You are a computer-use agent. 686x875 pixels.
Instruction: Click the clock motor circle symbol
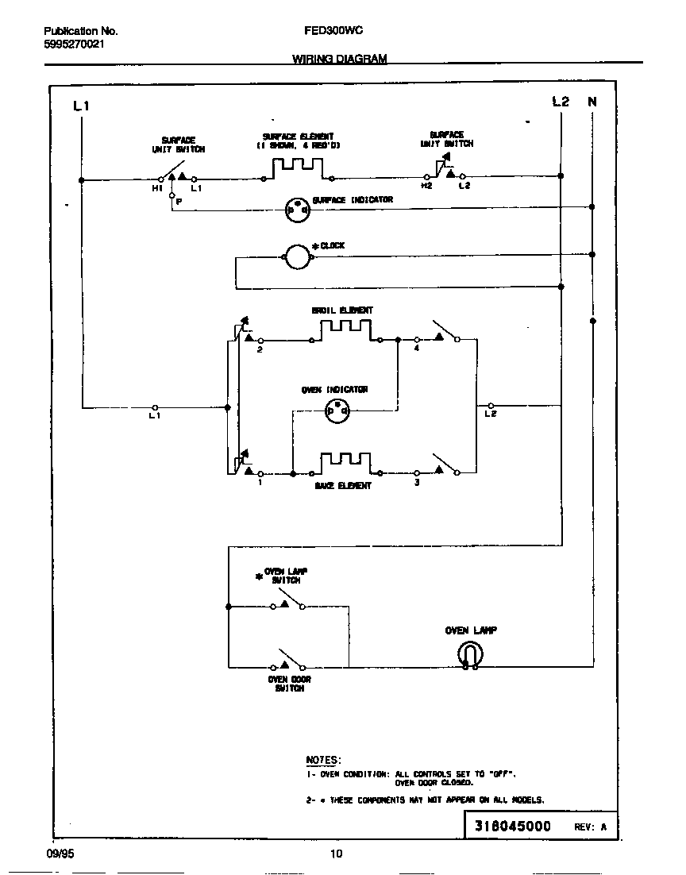click(297, 256)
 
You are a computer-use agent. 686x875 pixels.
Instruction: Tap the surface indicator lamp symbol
click(297, 210)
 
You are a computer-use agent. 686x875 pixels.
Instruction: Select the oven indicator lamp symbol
click(337, 410)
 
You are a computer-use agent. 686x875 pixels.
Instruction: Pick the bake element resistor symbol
click(345, 463)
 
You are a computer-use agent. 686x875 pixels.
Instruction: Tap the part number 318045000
click(512, 826)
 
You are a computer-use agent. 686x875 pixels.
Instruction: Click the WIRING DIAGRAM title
click(339, 59)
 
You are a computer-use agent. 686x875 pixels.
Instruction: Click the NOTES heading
click(323, 760)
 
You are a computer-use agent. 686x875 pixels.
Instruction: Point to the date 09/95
click(59, 854)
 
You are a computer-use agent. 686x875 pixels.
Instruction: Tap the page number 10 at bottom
click(336, 854)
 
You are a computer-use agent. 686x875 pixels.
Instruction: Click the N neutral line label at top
click(592, 102)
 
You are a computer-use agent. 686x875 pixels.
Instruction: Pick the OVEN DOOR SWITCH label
click(289, 684)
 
